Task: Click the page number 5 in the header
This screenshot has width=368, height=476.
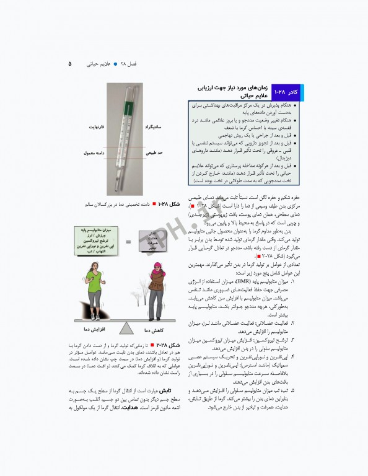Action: (69, 63)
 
